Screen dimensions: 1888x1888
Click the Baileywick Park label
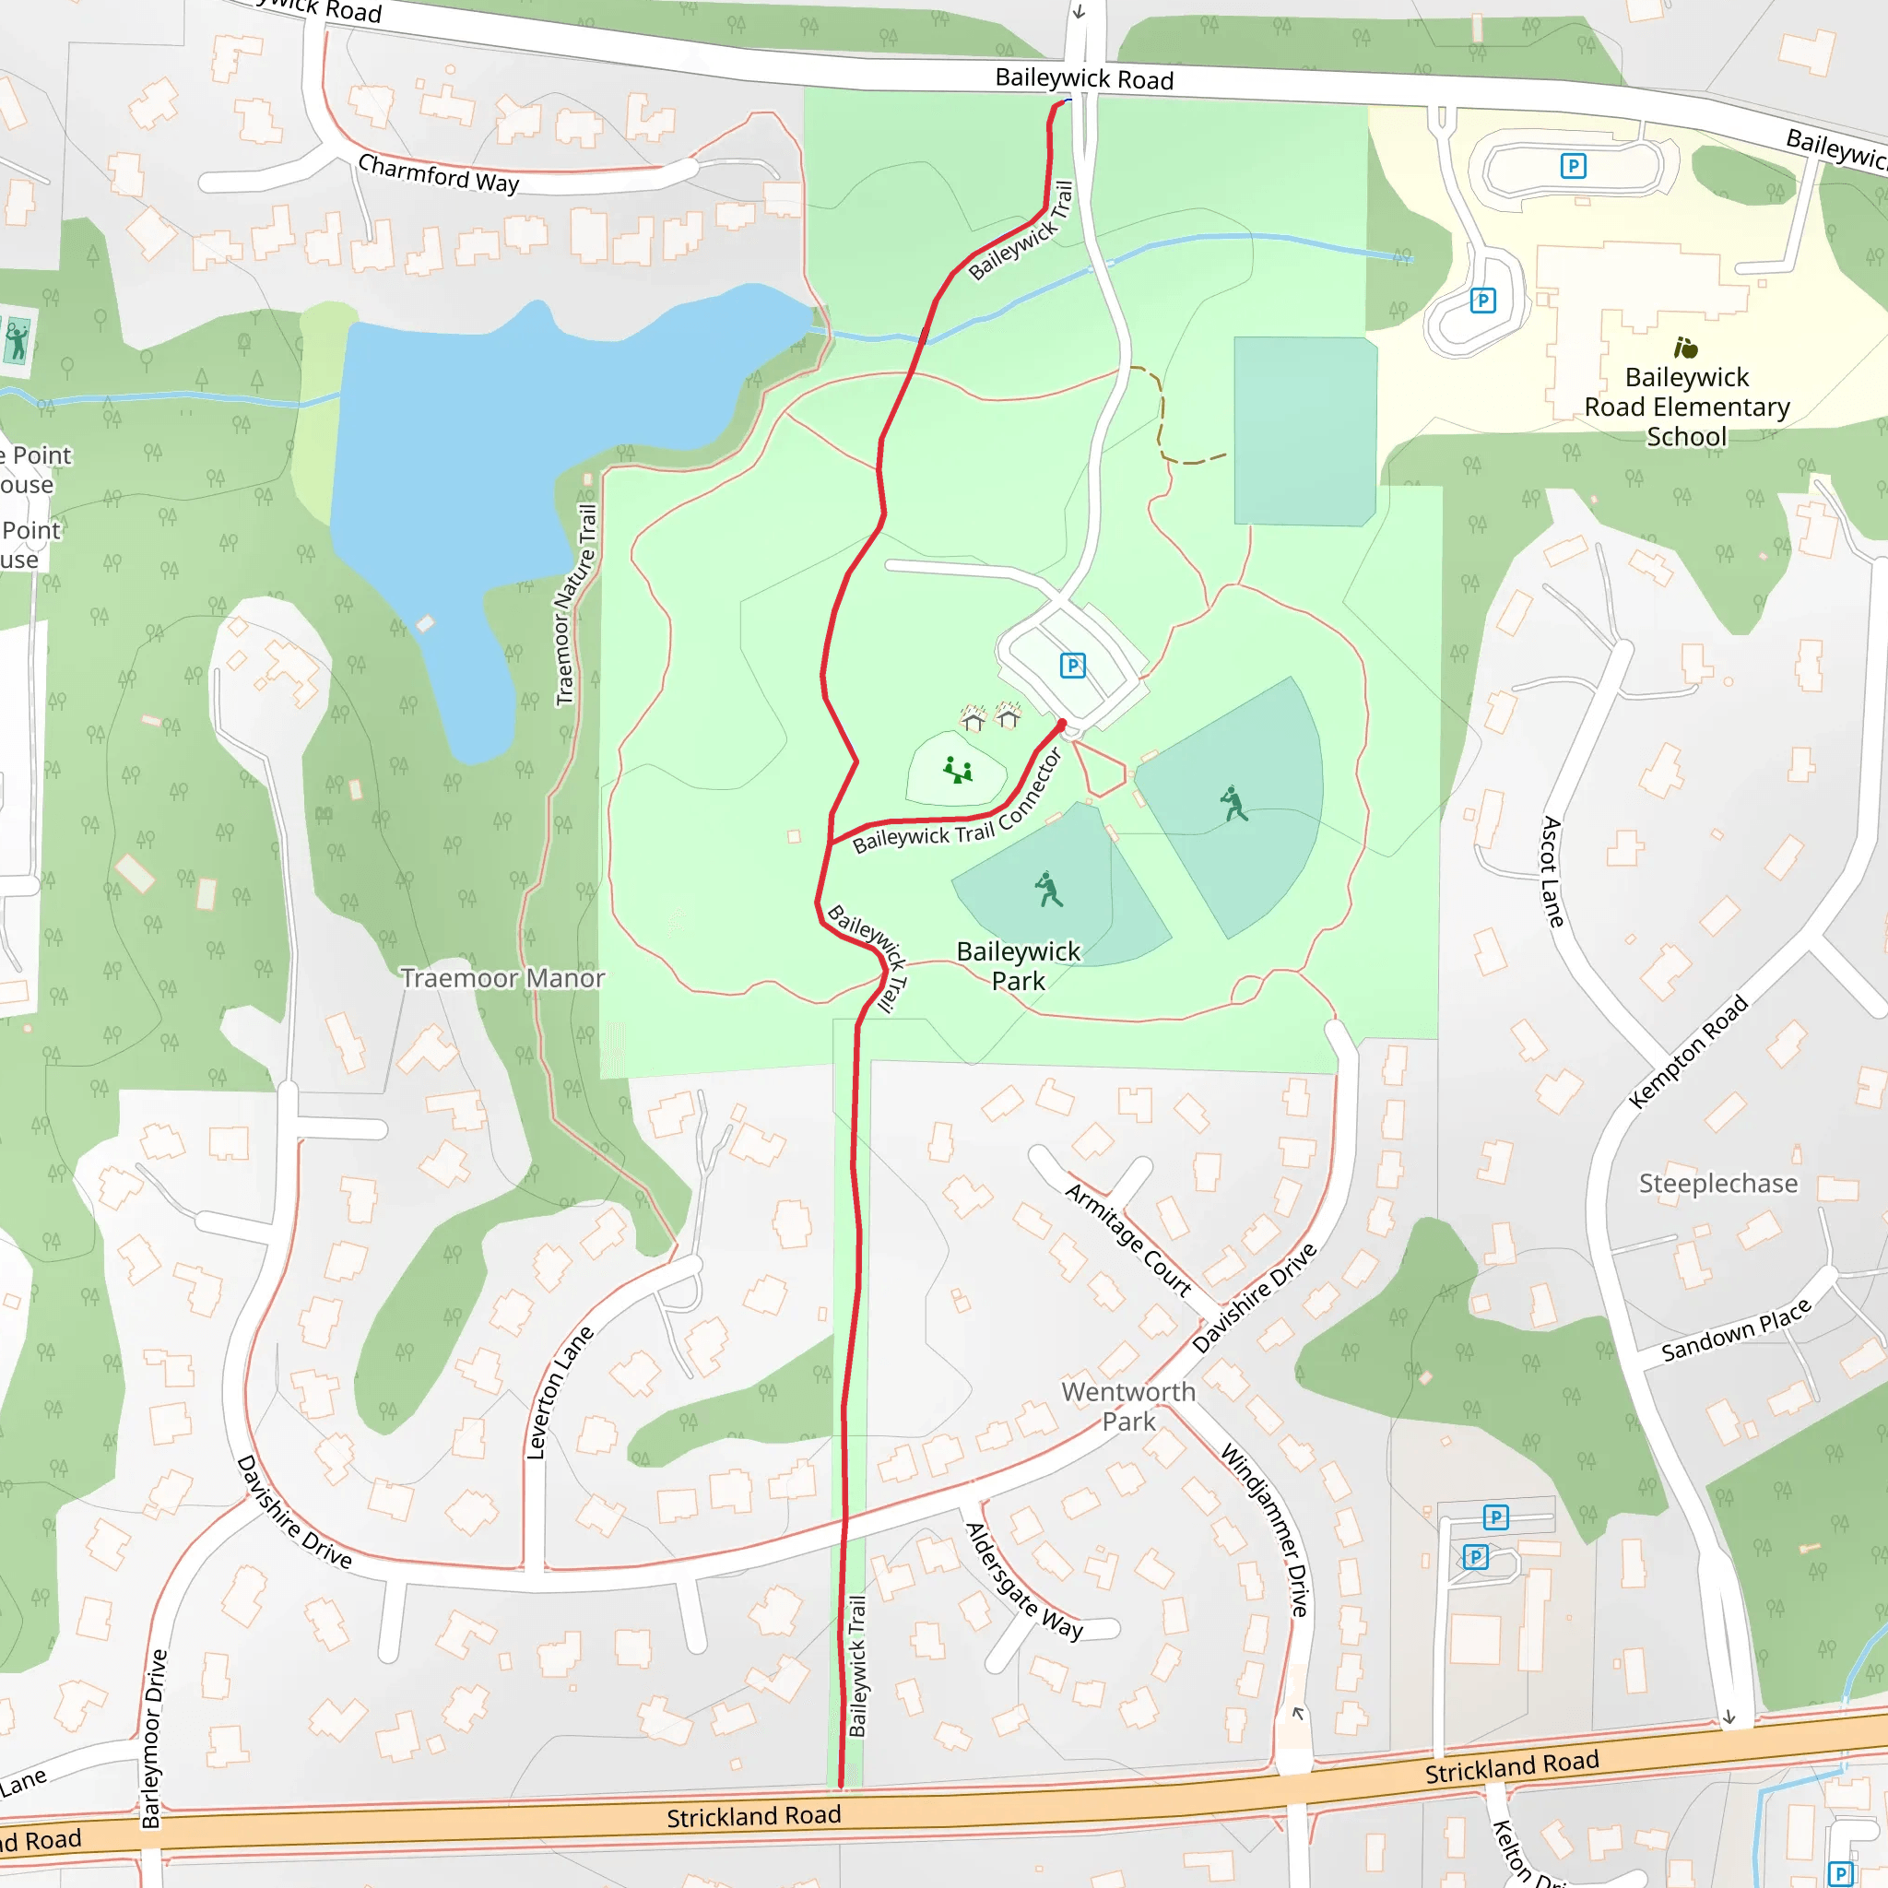1019,965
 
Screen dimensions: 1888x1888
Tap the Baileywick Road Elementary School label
1687,407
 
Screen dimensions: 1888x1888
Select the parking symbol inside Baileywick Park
1072,666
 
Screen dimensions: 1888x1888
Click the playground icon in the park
958,771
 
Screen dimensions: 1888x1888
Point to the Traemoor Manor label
502,978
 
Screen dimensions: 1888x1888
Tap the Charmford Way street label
438,174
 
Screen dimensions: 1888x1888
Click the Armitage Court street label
1127,1240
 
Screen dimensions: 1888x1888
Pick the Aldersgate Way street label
1023,1581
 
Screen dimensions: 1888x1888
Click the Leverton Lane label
559,1393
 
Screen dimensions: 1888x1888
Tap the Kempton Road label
1688,1052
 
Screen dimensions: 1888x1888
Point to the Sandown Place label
1737,1330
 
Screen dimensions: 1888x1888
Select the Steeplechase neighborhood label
1718,1184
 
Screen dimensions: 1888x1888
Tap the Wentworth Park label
1128,1406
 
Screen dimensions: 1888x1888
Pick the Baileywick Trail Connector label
957,802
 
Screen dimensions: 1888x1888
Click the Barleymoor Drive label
154,1739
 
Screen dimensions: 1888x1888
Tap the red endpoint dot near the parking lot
1062,724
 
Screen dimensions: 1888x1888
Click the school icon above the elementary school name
1686,348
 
